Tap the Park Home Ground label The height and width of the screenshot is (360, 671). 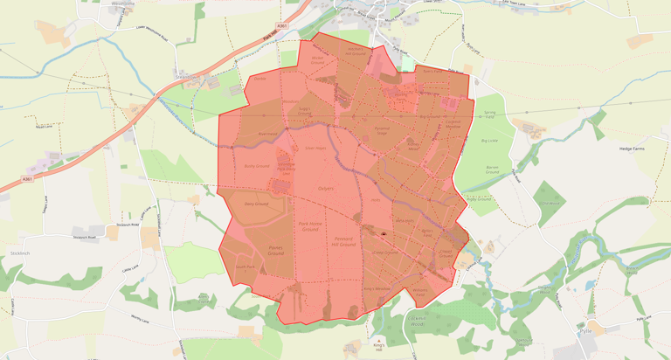point(311,226)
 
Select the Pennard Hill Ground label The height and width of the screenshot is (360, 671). point(342,240)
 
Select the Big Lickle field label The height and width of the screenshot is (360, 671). point(488,140)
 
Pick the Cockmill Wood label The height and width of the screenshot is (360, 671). point(549,202)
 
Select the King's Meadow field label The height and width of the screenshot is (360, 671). point(374,288)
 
